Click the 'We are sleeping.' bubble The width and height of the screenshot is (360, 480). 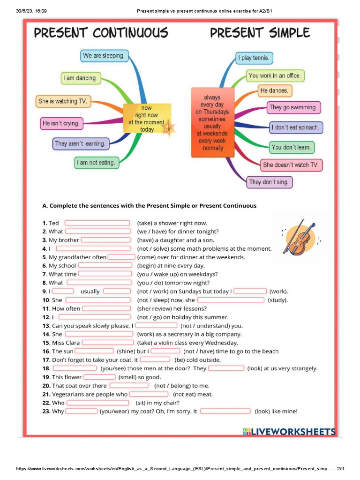[104, 56]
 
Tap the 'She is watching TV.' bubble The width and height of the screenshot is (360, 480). [63, 101]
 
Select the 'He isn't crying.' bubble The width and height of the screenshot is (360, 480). [61, 124]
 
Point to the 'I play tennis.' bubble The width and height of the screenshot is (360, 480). [254, 58]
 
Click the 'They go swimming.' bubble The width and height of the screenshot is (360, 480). [293, 107]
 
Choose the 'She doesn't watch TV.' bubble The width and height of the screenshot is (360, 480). [291, 165]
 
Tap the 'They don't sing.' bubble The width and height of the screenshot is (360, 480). [269, 182]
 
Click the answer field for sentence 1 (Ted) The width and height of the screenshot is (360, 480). [97, 223]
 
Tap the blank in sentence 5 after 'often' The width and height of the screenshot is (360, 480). [121, 257]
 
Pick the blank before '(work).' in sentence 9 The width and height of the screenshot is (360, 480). [250, 291]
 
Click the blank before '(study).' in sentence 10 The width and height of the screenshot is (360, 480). [231, 300]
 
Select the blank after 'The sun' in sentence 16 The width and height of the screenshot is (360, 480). [94, 351]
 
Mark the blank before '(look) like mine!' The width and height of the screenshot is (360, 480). [225, 411]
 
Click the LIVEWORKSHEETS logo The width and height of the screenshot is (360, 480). [289, 432]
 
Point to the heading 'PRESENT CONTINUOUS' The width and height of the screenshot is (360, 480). [101, 33]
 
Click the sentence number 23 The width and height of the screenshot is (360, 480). [46, 412]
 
